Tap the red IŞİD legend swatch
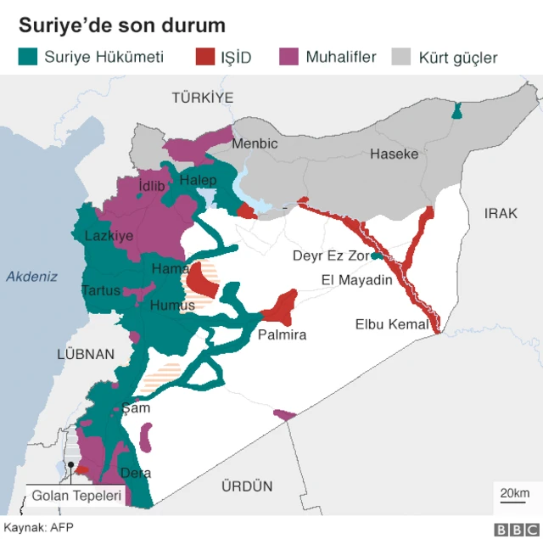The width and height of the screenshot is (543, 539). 204,57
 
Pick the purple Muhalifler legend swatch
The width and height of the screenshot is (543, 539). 289,57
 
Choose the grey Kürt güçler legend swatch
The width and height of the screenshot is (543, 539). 402,57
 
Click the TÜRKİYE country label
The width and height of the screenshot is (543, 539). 202,98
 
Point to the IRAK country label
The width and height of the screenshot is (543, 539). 501,213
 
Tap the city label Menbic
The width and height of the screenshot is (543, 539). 255,143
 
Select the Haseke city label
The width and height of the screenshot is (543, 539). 394,154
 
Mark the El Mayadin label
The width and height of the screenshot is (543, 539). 356,280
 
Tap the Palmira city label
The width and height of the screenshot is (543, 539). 282,334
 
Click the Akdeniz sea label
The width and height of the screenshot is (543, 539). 31,276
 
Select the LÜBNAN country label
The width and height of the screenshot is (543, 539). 85,354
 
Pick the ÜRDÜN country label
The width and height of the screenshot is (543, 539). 247,486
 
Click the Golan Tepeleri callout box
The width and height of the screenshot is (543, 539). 76,496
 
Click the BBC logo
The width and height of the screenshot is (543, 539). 512,529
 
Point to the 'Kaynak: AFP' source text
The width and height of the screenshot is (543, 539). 38,527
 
